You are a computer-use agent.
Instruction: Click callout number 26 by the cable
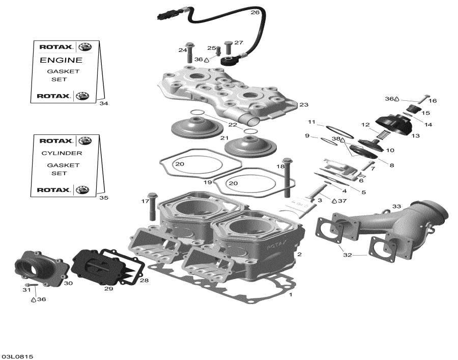coord(255,12)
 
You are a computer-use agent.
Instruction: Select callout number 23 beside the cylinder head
coord(304,105)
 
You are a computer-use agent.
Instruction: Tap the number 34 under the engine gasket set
coord(104,103)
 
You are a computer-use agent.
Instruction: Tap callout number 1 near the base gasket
coord(291,295)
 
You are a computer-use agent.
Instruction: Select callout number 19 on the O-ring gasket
coord(208,182)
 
